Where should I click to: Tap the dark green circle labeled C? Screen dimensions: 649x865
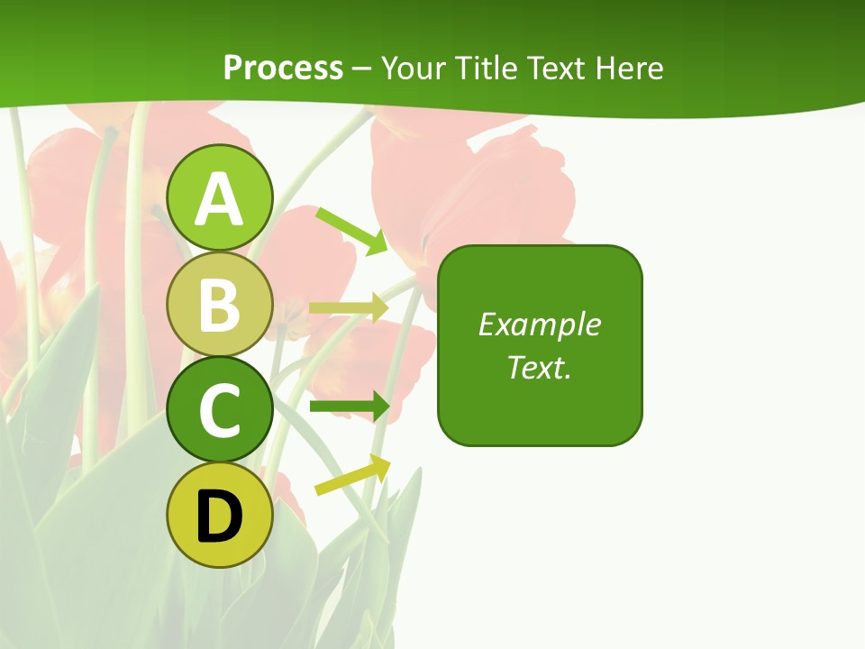click(220, 410)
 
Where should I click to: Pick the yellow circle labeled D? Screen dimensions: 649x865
click(220, 516)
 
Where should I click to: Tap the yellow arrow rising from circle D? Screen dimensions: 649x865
click(352, 475)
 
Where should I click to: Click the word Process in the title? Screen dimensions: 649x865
click(283, 68)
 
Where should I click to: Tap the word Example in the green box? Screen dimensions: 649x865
click(540, 324)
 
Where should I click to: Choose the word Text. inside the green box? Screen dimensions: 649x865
click(540, 367)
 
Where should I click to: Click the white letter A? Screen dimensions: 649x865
click(220, 199)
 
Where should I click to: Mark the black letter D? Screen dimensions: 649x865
click(220, 516)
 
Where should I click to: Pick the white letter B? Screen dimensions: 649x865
click(220, 305)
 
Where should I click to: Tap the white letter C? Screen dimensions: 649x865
click(220, 410)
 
